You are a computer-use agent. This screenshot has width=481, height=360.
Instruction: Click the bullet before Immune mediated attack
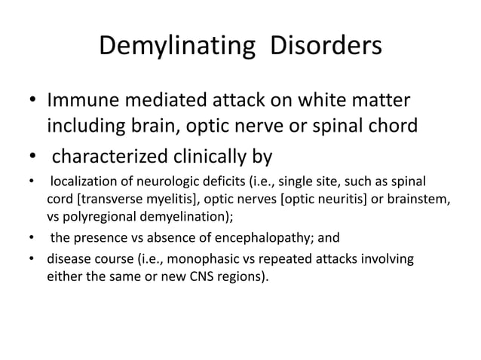(x=31, y=100)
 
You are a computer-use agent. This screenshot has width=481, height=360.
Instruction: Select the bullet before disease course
(x=31, y=261)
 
